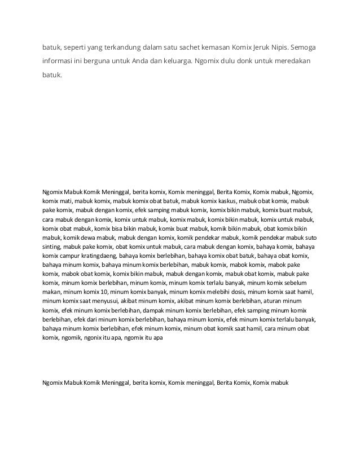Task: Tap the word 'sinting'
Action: [52, 247]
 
